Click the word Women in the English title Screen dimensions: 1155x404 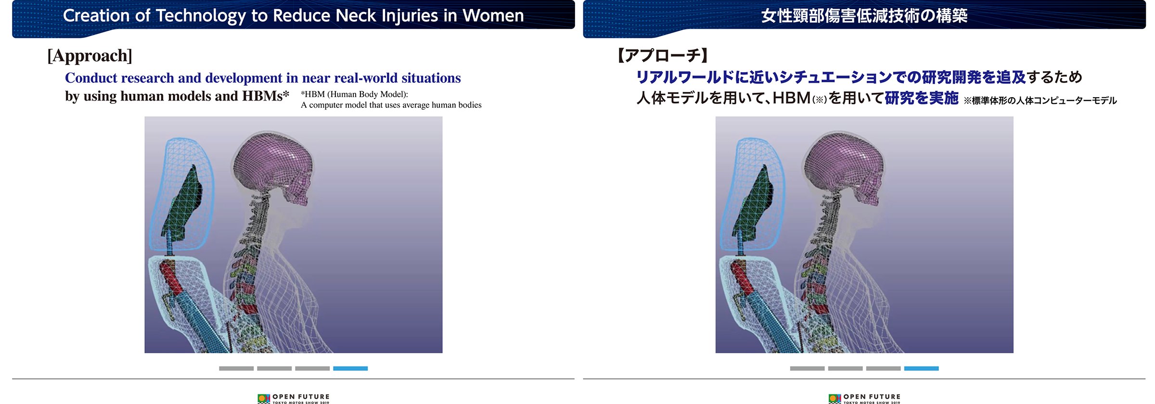pos(493,15)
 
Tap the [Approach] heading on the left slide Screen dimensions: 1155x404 pos(90,56)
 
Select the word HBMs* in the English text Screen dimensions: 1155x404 pos(266,96)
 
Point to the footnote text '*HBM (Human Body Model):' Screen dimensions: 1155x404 pos(354,94)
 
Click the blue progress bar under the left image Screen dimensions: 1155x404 pos(350,368)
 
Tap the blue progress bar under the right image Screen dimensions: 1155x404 pos(921,368)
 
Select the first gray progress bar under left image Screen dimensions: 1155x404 pos(236,368)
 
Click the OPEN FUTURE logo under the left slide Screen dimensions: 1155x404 pos(294,399)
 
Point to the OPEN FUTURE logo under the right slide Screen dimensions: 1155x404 pos(864,399)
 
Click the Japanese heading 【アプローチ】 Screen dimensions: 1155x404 pos(663,56)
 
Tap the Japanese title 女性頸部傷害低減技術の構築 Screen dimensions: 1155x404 pos(864,16)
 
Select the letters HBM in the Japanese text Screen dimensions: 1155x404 pos(792,98)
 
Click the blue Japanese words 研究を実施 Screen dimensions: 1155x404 pos(922,98)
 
